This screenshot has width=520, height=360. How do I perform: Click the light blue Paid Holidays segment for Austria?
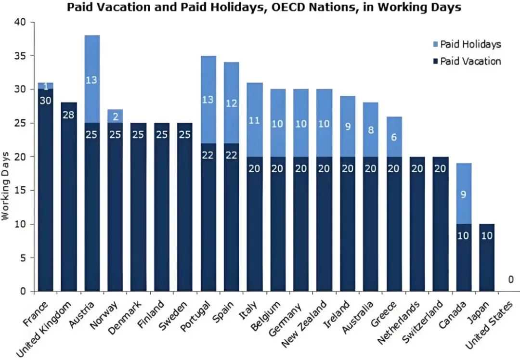[91, 79]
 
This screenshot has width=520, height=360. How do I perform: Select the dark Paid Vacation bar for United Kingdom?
[68, 202]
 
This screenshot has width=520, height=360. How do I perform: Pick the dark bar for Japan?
[486, 260]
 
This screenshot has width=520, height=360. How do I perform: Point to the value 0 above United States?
[510, 280]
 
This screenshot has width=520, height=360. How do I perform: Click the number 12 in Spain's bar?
[231, 103]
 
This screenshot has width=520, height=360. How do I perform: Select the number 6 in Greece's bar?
[393, 137]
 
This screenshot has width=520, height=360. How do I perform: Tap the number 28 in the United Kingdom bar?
[68, 115]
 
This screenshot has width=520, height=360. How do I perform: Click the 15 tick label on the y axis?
[21, 191]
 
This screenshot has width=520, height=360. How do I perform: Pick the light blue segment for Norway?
[115, 116]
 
